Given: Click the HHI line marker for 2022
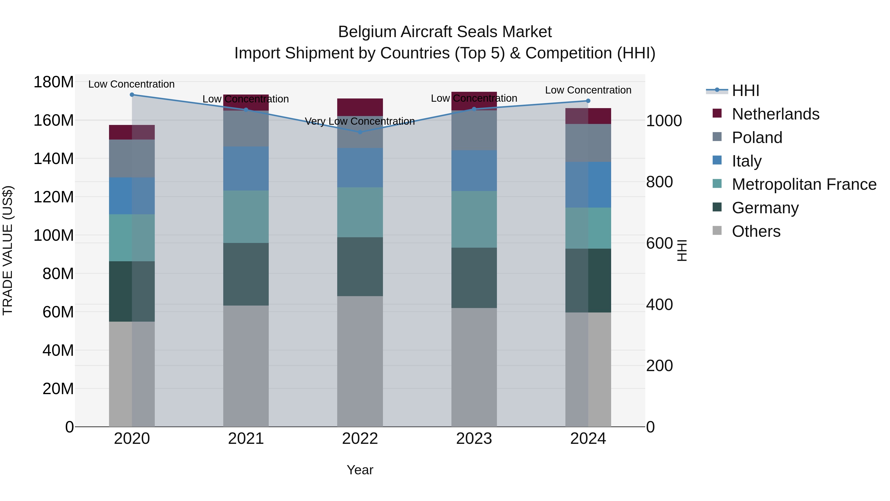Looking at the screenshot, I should pyautogui.click(x=360, y=132).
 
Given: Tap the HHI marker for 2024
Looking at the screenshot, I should pyautogui.click(x=588, y=101).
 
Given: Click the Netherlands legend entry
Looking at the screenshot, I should pyautogui.click(x=775, y=114).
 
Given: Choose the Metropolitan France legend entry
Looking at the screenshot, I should pyautogui.click(x=804, y=184).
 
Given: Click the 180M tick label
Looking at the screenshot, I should pyautogui.click(x=54, y=82).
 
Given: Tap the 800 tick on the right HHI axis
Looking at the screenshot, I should pyautogui.click(x=659, y=182).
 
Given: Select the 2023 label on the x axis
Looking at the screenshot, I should pyautogui.click(x=474, y=439).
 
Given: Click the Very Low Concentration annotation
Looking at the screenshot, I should pyautogui.click(x=360, y=121).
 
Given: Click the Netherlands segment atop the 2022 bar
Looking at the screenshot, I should pyautogui.click(x=360, y=107).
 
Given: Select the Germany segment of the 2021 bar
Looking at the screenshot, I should pyautogui.click(x=246, y=274).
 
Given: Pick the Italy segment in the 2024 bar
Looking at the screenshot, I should pyautogui.click(x=588, y=184).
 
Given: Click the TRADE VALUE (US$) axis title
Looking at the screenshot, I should pyautogui.click(x=8, y=250).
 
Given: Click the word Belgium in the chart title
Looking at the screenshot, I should pyautogui.click(x=367, y=32).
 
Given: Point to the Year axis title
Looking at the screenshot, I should pyautogui.click(x=360, y=470).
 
